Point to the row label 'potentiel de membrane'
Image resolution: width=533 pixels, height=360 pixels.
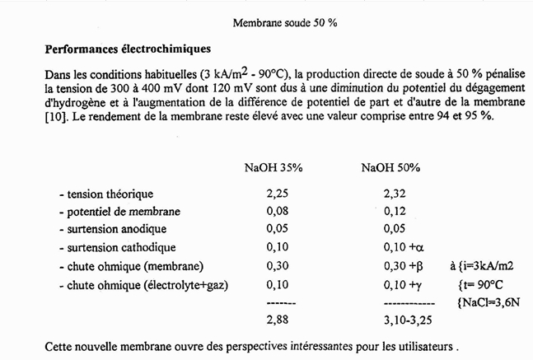(119, 211)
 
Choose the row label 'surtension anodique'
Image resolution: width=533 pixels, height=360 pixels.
(113, 228)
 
